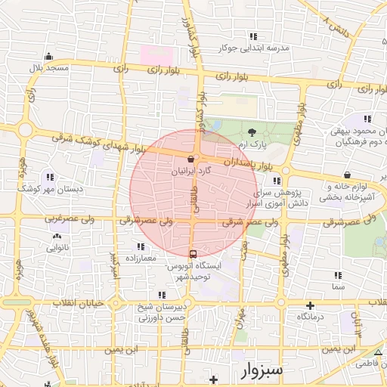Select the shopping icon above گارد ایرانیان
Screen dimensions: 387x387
coord(189,159)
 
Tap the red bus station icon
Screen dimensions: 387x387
coord(193,253)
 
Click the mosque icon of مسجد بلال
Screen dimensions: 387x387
coord(48,55)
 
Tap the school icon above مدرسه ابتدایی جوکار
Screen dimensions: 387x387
coord(252,36)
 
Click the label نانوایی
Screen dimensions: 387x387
coord(57,247)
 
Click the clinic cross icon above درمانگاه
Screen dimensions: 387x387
coord(309,305)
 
